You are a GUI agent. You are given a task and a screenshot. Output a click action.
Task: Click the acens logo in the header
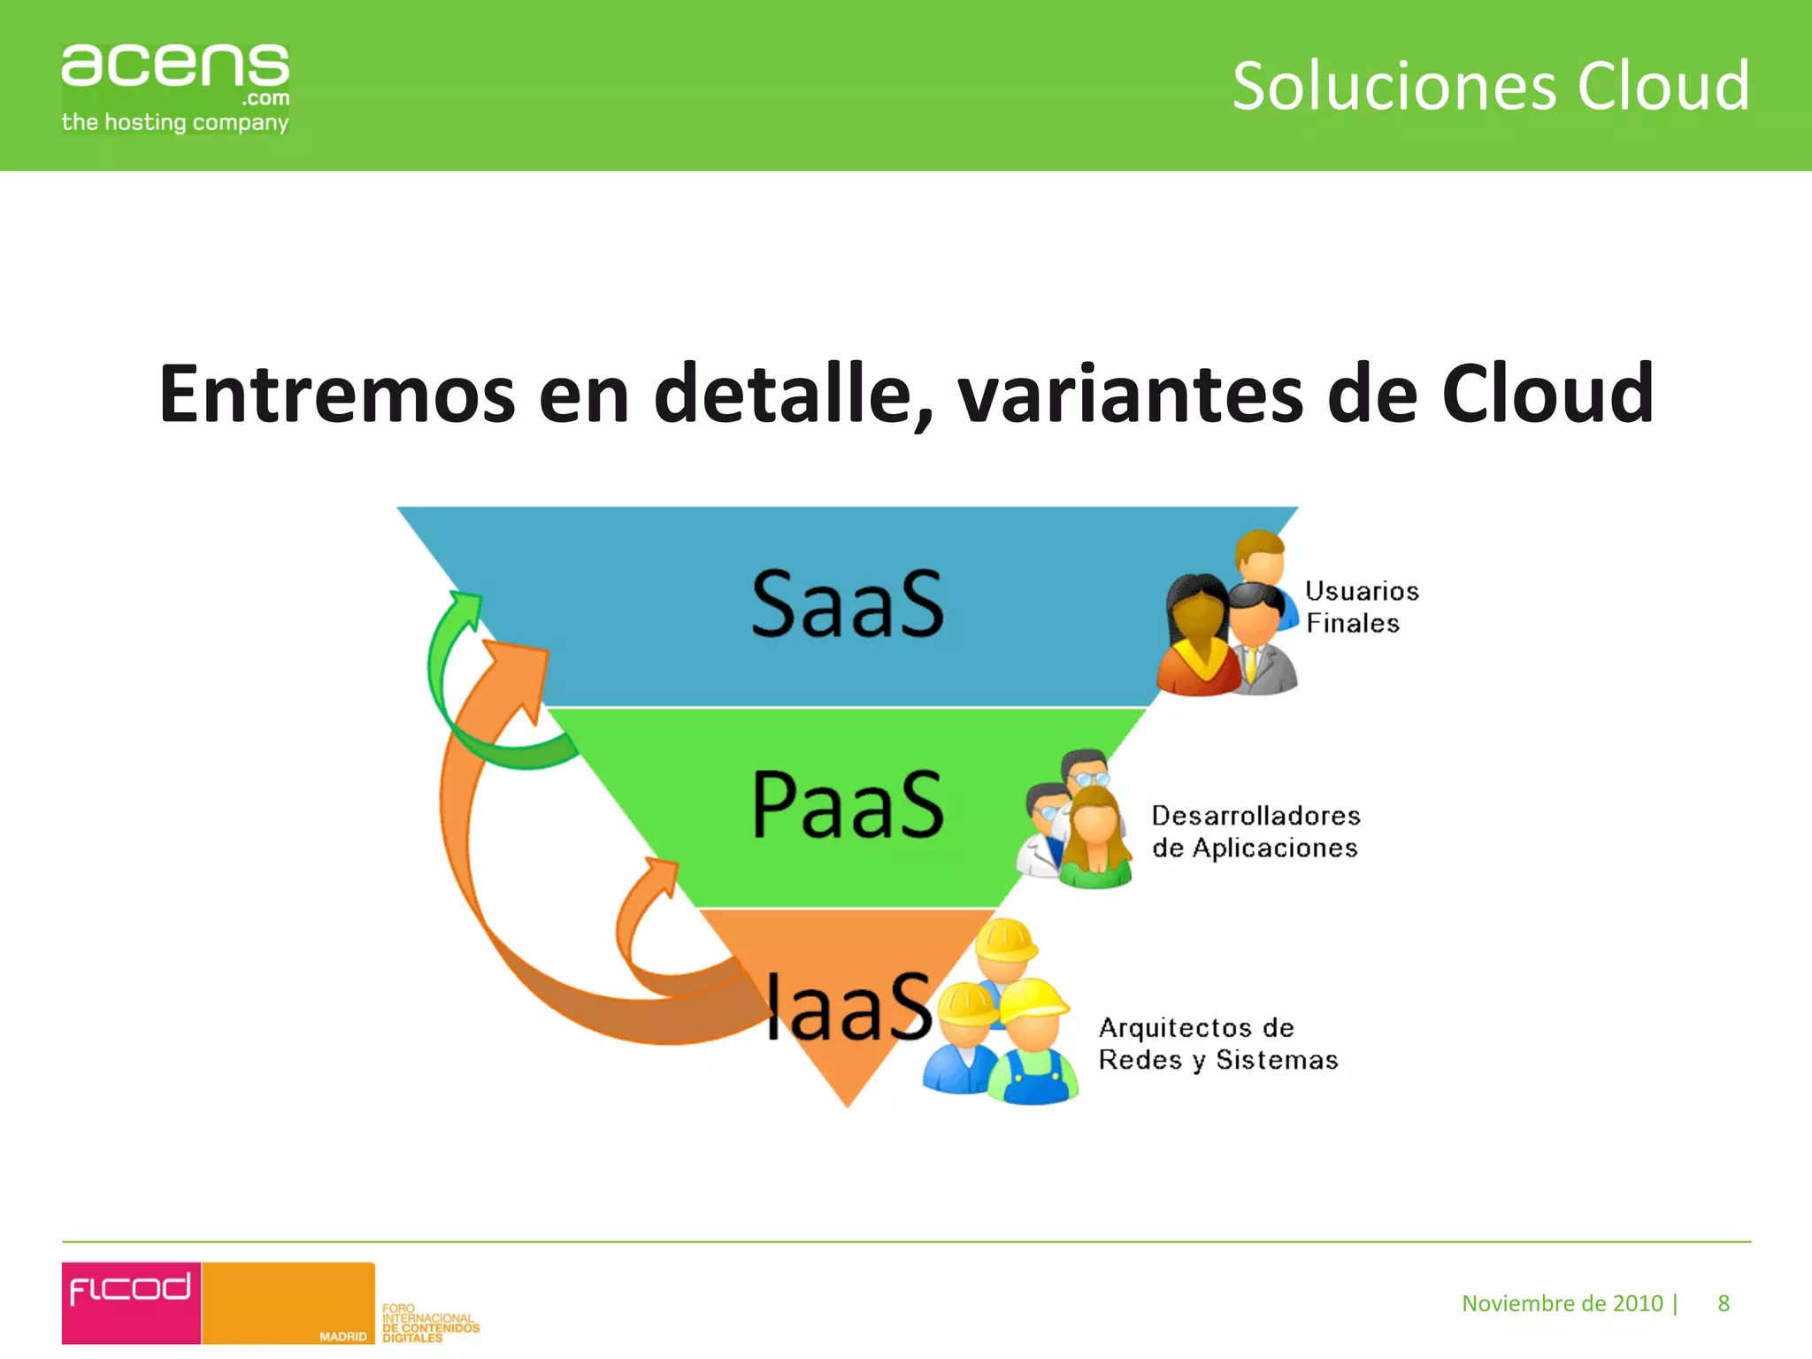174,68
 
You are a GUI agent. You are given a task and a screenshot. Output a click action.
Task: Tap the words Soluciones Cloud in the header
1491,86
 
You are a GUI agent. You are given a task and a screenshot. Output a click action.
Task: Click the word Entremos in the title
336,394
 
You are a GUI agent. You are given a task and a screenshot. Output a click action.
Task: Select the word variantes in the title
1131,394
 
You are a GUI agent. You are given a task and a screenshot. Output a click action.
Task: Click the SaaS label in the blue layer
848,604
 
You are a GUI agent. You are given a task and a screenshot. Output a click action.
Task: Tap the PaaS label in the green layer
848,804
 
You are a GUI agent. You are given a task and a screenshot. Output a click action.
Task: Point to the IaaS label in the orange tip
848,1007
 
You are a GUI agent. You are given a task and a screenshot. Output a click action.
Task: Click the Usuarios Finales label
1361,607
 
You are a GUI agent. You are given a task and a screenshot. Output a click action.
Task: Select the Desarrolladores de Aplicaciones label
1255,832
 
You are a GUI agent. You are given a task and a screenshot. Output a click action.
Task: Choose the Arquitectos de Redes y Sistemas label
1217,1044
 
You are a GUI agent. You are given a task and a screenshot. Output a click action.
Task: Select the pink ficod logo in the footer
131,1301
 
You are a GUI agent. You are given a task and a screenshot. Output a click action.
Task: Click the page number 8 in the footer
1723,1303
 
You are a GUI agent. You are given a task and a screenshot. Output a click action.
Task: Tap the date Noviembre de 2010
1562,1303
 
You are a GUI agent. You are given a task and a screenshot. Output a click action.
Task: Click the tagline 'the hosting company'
174,122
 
